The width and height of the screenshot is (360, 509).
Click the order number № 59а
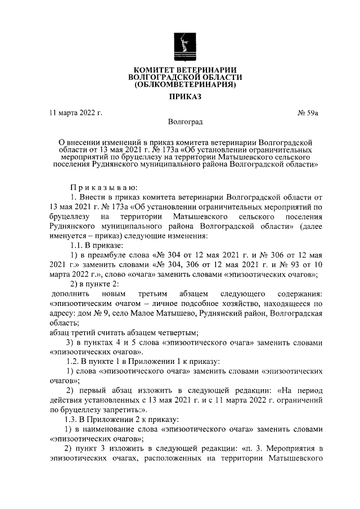(x=308, y=113)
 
